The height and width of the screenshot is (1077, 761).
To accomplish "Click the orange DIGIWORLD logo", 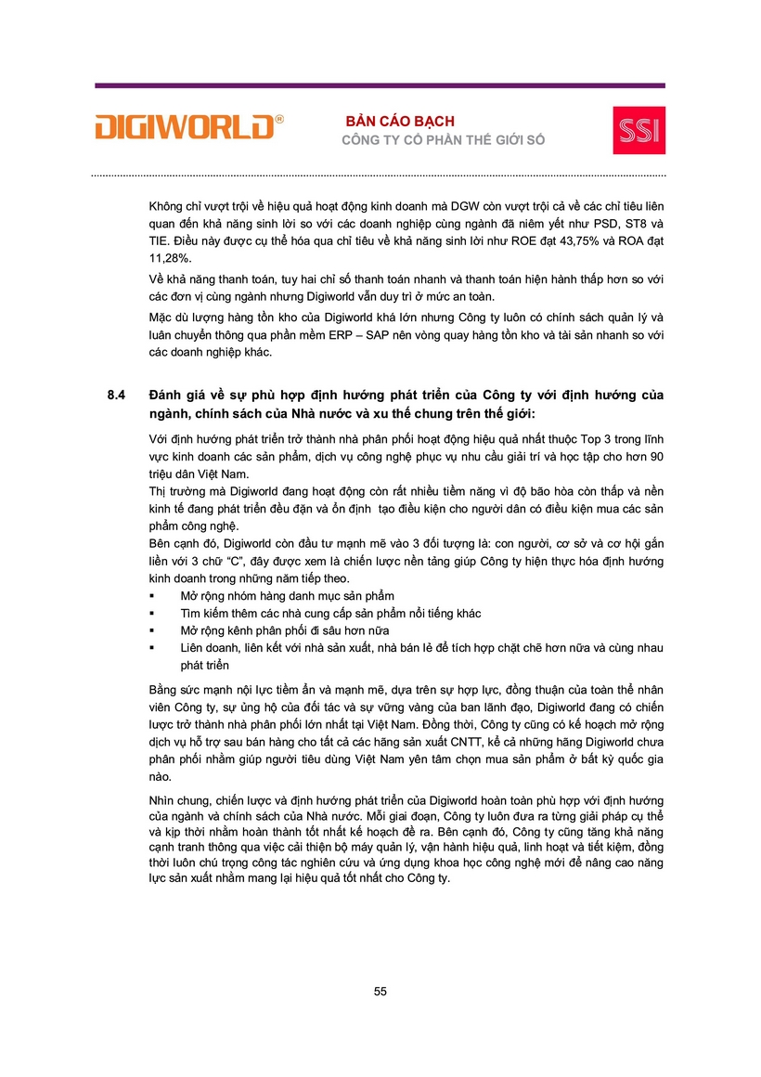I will click(186, 127).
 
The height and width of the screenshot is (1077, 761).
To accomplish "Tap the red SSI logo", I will click(638, 129).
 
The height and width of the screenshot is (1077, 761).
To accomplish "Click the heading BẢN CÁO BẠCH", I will click(400, 122).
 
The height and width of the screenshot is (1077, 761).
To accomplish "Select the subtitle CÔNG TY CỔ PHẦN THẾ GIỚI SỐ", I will click(444, 140).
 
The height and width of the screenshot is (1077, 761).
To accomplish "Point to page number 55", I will click(380, 992).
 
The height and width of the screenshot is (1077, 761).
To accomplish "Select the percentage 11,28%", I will click(169, 259).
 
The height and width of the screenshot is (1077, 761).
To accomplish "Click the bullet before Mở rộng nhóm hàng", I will click(151, 595).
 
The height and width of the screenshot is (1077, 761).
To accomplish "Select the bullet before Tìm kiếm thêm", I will click(151, 613).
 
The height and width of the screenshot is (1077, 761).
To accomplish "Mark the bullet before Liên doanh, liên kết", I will click(151, 648).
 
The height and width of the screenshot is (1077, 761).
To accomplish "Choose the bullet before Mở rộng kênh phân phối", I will click(151, 630).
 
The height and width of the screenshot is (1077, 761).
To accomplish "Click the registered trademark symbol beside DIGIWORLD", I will click(279, 119).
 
